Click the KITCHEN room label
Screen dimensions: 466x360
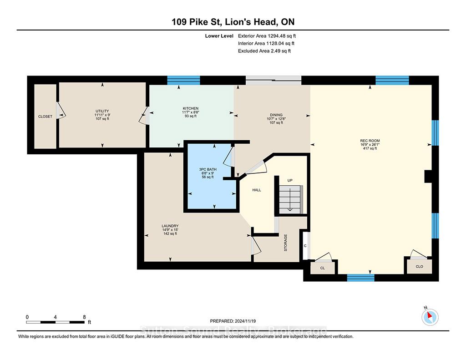tap(191, 108)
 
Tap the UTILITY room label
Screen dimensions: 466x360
tap(102, 111)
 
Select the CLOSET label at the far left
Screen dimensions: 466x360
tap(45, 117)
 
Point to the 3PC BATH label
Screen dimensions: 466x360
tap(208, 169)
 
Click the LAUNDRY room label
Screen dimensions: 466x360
tap(170, 226)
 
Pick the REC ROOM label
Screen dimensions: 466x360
tap(370, 141)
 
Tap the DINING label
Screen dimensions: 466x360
tap(276, 115)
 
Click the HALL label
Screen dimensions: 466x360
tap(257, 190)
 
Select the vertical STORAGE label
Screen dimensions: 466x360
tap(286, 243)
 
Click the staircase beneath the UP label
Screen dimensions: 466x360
tap(290, 200)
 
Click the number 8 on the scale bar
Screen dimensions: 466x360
tap(84, 317)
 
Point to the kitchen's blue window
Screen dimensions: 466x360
tap(183, 80)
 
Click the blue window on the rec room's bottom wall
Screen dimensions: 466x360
tap(361, 278)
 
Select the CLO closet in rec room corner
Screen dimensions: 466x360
tap(419, 266)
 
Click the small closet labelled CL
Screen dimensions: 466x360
tap(323, 268)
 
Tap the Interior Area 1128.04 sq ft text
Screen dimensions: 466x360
tap(266, 43)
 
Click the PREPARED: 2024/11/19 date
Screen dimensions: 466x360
tap(233, 321)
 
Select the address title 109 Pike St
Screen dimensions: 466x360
tap(197, 22)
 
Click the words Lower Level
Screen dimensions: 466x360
tap(219, 36)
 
